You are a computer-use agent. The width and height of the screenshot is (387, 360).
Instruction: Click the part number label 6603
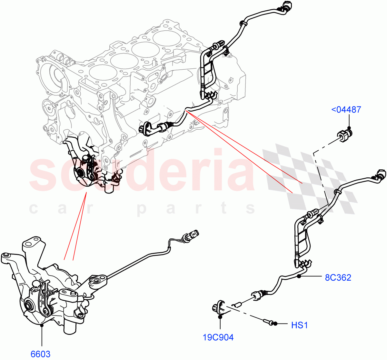pyautogui.click(x=40, y=354)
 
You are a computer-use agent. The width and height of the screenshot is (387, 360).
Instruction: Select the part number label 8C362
pyautogui.click(x=338, y=277)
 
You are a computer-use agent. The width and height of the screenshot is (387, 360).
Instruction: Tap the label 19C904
pyautogui.click(x=218, y=337)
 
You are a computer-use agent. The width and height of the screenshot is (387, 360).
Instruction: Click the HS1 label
pyautogui.click(x=299, y=325)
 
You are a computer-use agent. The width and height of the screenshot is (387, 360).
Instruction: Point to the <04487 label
pyautogui.click(x=346, y=110)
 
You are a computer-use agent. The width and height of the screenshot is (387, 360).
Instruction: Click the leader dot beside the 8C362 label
pyautogui.click(x=299, y=276)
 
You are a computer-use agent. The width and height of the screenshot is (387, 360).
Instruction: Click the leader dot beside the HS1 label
pyautogui.click(x=275, y=324)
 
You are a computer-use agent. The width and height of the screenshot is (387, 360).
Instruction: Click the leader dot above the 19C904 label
pyautogui.click(x=220, y=317)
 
